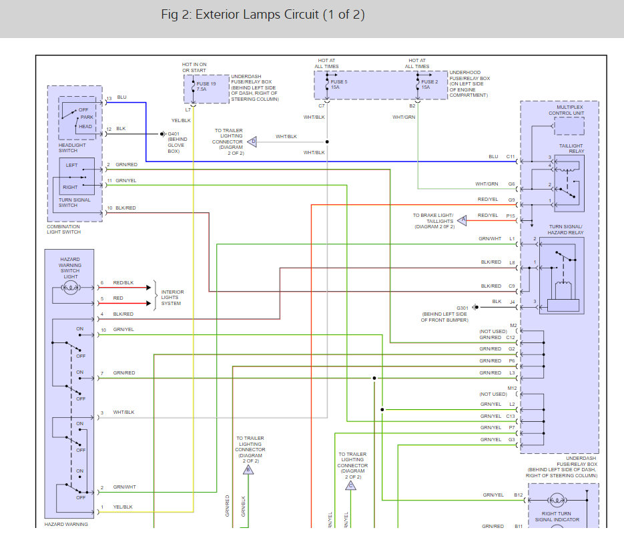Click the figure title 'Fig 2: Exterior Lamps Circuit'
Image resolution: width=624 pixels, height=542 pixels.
pyautogui.click(x=263, y=15)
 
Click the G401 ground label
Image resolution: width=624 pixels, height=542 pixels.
pyautogui.click(x=174, y=133)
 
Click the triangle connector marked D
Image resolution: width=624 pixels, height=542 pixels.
pyautogui.click(x=252, y=142)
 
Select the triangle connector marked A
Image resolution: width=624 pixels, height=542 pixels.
pyautogui.click(x=462, y=220)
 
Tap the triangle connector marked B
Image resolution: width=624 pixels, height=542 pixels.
pyautogui.click(x=248, y=469)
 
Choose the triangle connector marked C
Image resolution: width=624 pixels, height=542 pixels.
pyautogui.click(x=350, y=485)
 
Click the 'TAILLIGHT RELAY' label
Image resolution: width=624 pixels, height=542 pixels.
pyautogui.click(x=571, y=148)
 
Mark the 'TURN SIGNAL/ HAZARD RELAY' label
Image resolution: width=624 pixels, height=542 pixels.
pyautogui.click(x=565, y=229)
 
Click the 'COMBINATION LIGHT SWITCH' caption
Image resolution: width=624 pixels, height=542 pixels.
pyautogui.click(x=64, y=229)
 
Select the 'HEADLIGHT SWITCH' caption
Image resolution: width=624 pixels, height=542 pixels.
pyautogui.click(x=73, y=148)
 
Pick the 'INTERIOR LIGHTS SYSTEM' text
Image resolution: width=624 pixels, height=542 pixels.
pyautogui.click(x=172, y=298)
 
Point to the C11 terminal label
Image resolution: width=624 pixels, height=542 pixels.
pyautogui.click(x=511, y=157)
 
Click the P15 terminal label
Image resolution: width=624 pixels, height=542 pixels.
pyautogui.click(x=511, y=216)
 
